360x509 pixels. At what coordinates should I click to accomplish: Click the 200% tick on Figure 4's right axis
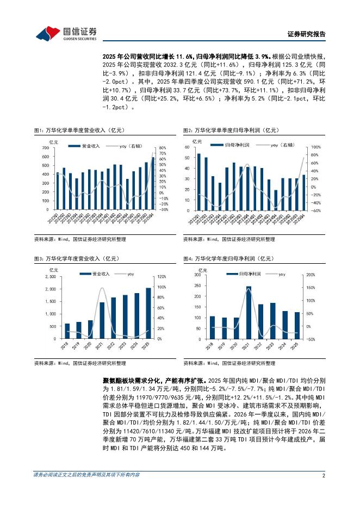(x=311, y=275)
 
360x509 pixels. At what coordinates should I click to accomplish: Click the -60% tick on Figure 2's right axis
(x=314, y=210)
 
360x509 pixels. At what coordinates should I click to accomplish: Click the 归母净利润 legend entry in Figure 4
(x=246, y=274)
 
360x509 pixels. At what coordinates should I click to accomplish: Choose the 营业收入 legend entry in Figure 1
(x=87, y=146)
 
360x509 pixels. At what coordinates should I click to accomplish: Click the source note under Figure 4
(x=228, y=362)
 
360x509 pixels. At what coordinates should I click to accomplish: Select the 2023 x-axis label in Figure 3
(x=125, y=346)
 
